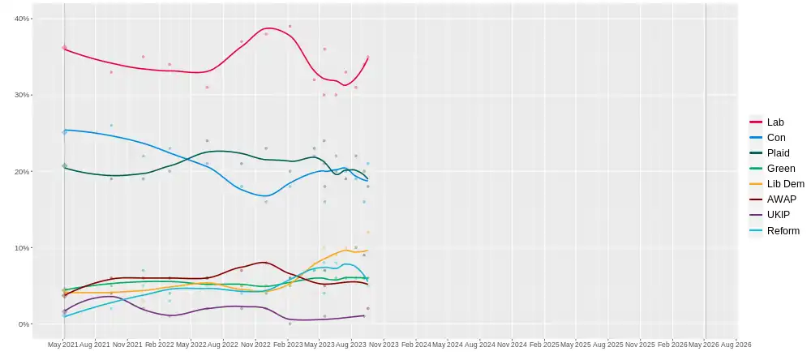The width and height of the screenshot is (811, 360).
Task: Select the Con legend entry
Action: click(x=775, y=138)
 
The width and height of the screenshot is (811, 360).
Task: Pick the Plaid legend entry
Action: click(x=776, y=153)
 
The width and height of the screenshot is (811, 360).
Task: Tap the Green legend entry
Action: click(x=780, y=169)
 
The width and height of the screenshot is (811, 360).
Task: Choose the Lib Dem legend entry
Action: click(x=785, y=184)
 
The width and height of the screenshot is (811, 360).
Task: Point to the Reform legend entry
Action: click(x=783, y=231)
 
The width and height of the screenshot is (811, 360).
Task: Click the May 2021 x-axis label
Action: click(x=62, y=345)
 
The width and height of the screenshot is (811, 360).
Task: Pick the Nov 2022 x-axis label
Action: click(x=255, y=345)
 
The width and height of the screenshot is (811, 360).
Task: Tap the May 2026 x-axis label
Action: click(x=705, y=345)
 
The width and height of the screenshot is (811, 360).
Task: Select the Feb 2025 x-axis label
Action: click(x=544, y=345)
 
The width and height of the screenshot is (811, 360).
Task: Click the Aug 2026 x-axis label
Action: click(x=736, y=345)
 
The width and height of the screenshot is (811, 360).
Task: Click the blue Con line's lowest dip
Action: click(x=265, y=196)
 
